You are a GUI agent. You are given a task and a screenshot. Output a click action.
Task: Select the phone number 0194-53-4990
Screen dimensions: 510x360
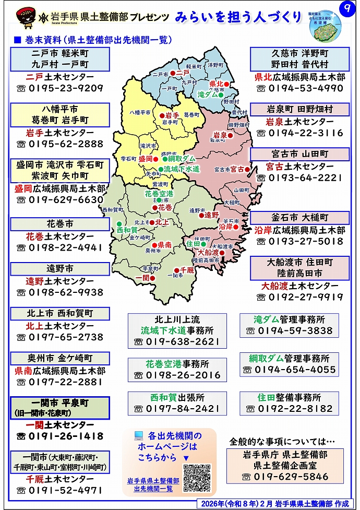299,88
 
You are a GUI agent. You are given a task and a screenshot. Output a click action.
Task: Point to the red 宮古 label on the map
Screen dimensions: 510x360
237,169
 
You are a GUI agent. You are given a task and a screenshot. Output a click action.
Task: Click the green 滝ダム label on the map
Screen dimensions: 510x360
208,95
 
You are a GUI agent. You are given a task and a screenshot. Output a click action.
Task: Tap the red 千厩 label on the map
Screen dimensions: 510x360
187,270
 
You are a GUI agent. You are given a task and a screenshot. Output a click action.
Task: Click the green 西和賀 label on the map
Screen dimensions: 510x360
126,230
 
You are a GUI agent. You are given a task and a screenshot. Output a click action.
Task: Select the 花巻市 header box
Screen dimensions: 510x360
60,224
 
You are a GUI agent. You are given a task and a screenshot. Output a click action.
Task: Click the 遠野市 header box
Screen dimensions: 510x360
60,269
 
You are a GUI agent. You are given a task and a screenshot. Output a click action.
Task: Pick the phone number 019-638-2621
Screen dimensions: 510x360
177,341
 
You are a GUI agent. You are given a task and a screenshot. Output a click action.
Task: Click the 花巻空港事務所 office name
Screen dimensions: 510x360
177,364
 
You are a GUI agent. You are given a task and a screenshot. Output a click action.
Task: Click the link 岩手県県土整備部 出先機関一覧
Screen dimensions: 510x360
153,484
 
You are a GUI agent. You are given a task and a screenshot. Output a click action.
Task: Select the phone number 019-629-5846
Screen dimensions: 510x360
285,477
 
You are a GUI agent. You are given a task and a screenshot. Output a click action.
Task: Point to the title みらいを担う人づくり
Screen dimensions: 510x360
238,17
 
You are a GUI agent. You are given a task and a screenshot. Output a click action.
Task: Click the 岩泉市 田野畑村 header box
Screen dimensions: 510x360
299,110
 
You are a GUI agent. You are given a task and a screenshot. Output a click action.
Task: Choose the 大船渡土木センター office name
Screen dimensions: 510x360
299,286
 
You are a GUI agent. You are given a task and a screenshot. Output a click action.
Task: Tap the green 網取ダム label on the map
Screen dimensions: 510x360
181,158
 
